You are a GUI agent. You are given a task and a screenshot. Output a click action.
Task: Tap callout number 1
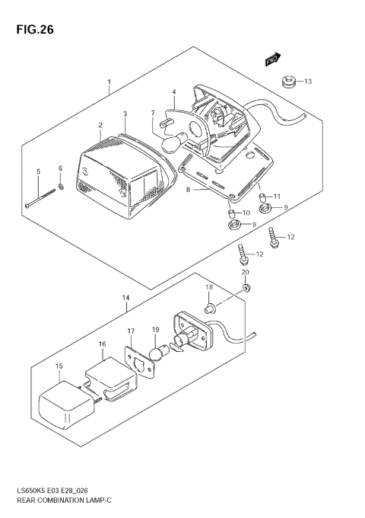(x=109, y=82)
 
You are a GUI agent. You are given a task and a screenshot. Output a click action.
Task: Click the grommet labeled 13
(x=288, y=81)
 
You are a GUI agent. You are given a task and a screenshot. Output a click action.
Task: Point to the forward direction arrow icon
(x=273, y=59)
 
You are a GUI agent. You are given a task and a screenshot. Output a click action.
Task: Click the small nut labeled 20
(x=246, y=287)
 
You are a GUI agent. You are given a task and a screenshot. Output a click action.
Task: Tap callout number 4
(x=173, y=92)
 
